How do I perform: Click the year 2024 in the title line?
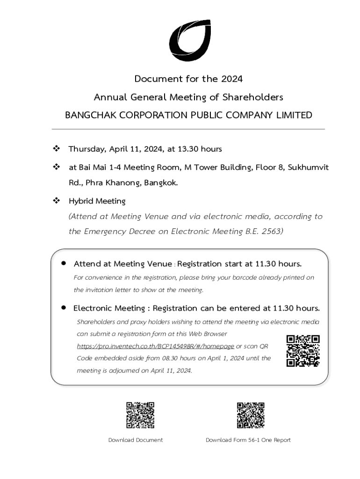(232, 79)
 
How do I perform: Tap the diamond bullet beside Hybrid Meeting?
(56, 201)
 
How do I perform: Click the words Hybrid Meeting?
(97, 201)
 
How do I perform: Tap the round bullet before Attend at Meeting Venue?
(64, 263)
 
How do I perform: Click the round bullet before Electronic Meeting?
(64, 308)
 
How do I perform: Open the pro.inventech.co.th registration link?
(155, 346)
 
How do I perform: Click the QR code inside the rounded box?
(303, 350)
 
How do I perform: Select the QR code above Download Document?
(140, 415)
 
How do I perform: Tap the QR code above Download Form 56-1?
(251, 415)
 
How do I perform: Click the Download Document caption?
(136, 440)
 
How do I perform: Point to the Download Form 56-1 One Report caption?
(248, 440)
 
